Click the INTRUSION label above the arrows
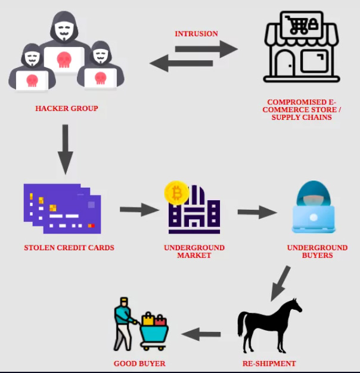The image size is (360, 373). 196,34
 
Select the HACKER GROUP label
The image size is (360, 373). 67,108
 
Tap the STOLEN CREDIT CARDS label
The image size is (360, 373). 69,248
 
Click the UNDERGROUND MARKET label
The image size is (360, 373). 194,251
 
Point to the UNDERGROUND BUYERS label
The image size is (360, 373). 317,251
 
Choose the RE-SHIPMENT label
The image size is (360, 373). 269,363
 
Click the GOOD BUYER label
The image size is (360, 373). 139,363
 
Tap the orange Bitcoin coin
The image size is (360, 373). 176,193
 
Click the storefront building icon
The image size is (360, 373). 301,51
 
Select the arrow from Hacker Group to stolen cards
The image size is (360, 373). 66,149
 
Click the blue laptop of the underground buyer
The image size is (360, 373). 314,219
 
